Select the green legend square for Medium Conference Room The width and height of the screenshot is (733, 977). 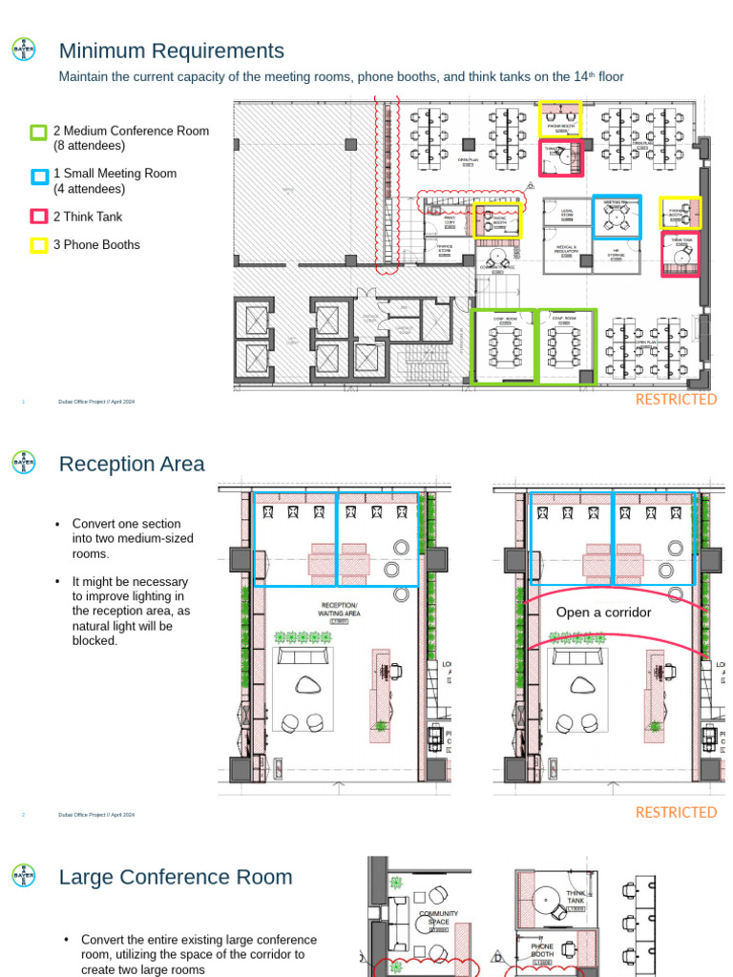[38, 132]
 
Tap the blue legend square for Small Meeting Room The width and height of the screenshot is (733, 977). [38, 176]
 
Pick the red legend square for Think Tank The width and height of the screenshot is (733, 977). [38, 217]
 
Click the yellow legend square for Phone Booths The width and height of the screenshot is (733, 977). [38, 245]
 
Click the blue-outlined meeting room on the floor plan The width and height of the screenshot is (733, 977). [617, 217]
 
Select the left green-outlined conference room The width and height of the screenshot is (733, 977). [505, 346]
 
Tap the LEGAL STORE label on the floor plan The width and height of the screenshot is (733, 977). [567, 215]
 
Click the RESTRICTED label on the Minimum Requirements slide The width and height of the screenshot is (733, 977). [676, 400]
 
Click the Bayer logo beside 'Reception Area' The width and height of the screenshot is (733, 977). [23, 464]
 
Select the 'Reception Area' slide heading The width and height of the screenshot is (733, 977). [132, 464]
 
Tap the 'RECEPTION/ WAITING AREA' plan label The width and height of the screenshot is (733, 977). [339, 612]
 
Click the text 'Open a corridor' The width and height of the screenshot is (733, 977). [603, 613]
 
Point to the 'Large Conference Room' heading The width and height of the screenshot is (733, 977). [176, 877]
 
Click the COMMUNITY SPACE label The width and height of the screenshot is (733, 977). [438, 918]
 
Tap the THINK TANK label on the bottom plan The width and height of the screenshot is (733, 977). [576, 897]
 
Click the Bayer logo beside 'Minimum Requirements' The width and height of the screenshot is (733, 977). [23, 51]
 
